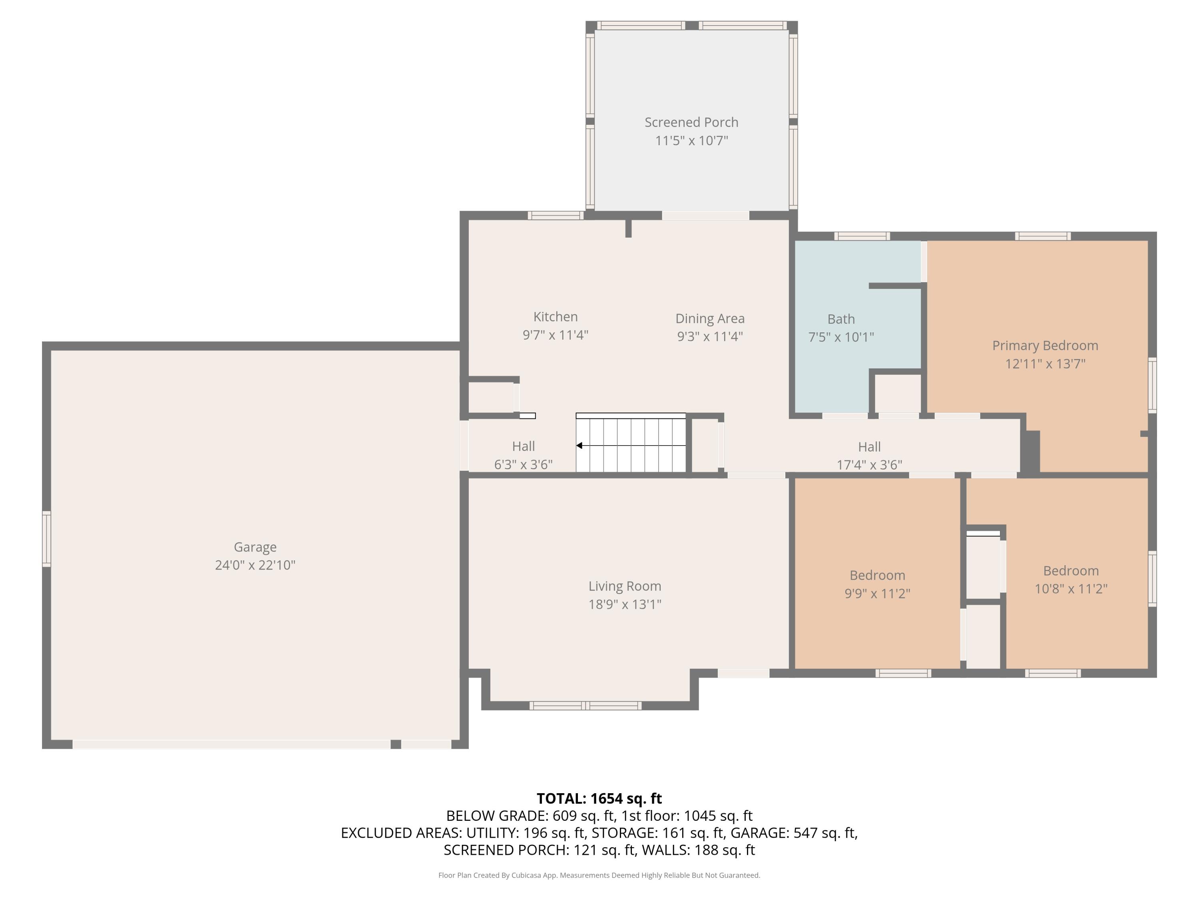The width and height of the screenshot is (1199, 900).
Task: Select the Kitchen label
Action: tap(555, 317)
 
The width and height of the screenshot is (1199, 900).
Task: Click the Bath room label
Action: tap(841, 319)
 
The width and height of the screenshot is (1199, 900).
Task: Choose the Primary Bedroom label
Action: tap(1045, 346)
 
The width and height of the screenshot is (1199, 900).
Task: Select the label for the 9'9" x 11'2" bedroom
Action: tap(877, 575)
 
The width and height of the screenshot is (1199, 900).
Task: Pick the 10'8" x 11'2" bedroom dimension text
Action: tap(1071, 589)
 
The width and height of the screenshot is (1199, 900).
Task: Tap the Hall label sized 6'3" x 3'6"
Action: tap(523, 446)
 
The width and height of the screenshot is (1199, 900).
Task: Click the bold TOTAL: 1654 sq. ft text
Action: tap(599, 798)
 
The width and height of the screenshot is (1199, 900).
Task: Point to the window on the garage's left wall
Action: tap(47, 539)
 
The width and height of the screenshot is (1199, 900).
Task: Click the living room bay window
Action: tap(586, 705)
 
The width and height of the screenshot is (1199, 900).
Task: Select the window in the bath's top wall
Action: tap(862, 236)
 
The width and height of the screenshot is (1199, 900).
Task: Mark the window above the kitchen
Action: tap(556, 215)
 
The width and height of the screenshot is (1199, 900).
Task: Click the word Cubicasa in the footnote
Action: tap(526, 875)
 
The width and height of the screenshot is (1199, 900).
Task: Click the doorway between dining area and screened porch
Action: tap(706, 215)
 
